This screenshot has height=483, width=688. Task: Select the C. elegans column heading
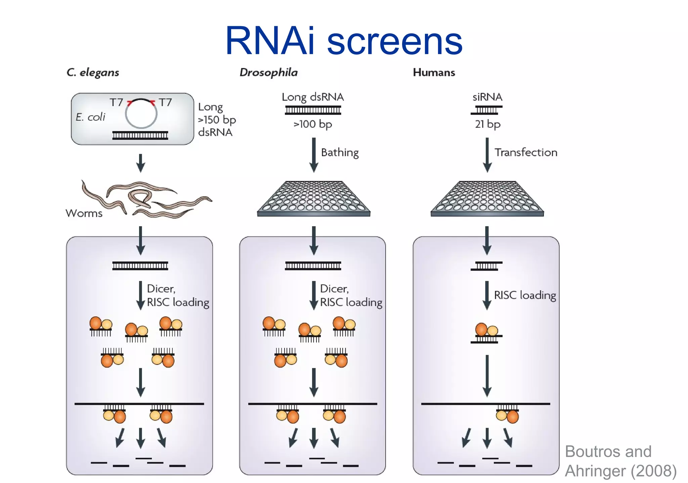(x=93, y=73)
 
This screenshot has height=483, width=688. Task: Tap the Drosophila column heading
(x=268, y=73)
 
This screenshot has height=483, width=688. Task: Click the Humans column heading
(x=434, y=73)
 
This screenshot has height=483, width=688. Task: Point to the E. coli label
(x=90, y=117)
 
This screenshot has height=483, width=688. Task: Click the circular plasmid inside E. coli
(x=141, y=114)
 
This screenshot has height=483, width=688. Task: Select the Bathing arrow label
(x=340, y=153)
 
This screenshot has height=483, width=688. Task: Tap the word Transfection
(x=526, y=153)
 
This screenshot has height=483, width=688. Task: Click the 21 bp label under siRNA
(x=487, y=124)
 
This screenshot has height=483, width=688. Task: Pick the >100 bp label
(x=313, y=124)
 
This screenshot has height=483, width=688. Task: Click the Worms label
(x=84, y=213)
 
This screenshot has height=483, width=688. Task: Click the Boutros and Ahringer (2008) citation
(x=620, y=461)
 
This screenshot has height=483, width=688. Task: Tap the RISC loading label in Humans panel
(x=525, y=295)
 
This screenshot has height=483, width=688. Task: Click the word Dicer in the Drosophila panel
(x=334, y=289)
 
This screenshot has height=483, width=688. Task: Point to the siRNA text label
(x=487, y=97)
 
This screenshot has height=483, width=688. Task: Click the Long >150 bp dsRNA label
(x=217, y=120)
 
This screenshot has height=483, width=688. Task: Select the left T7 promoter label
(x=116, y=102)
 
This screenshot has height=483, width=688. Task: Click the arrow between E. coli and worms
(x=141, y=163)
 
